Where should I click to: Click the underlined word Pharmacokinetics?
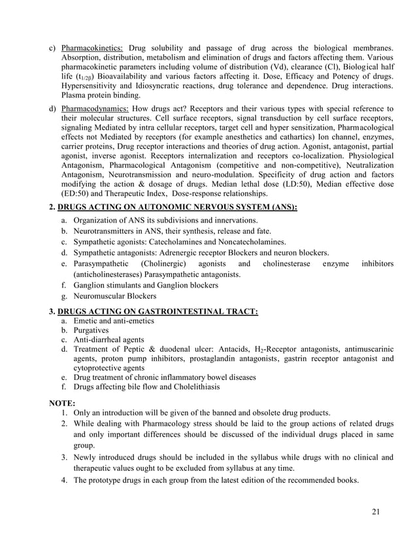click(x=92, y=48)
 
